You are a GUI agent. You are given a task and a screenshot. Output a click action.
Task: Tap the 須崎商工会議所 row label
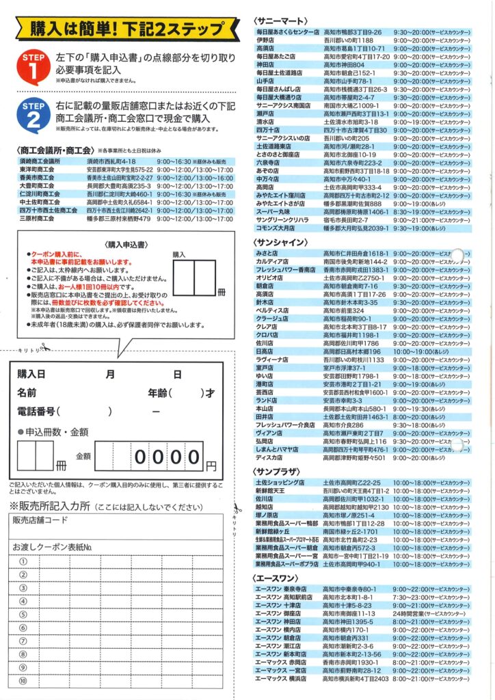tap(40, 161)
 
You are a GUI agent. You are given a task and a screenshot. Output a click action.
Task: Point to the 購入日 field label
tap(31, 375)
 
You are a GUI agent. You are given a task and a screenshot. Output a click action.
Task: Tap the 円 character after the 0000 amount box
tap(211, 466)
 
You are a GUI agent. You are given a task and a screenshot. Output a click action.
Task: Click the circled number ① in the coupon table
tap(22, 561)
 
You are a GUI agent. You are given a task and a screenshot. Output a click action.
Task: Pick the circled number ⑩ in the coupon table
tap(22, 681)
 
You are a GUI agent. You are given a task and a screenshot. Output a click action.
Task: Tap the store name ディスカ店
tap(269, 457)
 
